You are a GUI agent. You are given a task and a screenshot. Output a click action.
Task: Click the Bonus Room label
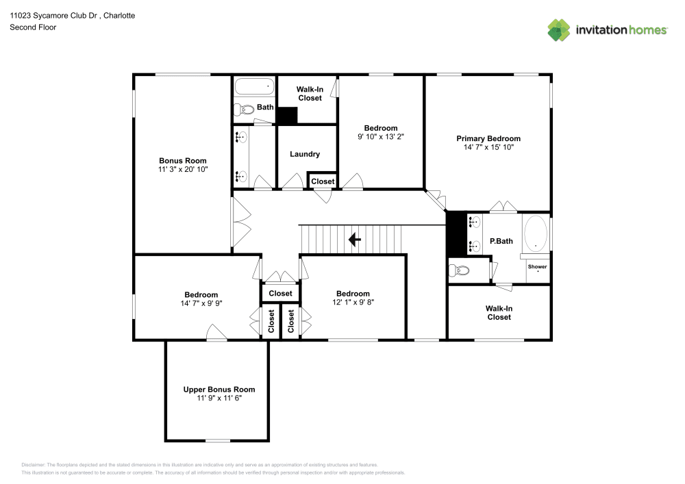point(183,161)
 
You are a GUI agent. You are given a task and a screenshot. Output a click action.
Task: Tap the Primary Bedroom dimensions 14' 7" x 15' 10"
point(488,147)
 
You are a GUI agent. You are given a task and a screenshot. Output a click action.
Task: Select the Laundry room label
point(305,154)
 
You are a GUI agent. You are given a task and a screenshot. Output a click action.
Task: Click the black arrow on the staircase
point(354,239)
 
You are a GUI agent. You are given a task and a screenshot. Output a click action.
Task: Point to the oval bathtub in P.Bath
point(535,234)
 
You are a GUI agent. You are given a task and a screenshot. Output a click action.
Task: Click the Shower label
point(537,267)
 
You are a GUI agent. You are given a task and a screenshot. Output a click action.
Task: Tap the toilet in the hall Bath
point(244,109)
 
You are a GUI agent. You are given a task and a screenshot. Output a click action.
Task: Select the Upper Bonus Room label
point(219,390)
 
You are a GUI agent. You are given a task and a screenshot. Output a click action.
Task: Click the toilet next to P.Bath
point(459,270)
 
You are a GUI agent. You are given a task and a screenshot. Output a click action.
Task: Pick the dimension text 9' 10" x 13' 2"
point(380,137)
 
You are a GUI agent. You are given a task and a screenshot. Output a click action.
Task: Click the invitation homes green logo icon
point(559,30)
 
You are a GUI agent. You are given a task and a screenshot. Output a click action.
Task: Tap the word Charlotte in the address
point(119,16)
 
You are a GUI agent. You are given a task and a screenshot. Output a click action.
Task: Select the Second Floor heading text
point(33,27)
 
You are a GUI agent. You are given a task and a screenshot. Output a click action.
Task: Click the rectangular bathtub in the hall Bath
point(255,86)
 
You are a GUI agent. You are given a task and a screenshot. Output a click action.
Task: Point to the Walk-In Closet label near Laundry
point(310,94)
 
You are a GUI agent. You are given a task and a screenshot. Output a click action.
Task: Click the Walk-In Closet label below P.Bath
point(499,313)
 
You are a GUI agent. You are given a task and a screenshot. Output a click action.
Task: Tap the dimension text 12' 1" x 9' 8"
point(353,302)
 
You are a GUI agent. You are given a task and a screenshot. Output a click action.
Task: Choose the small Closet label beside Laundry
point(323,181)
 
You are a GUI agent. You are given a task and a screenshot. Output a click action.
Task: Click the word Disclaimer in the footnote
point(33,465)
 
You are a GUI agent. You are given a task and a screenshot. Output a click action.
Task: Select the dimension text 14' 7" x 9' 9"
point(201,303)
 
